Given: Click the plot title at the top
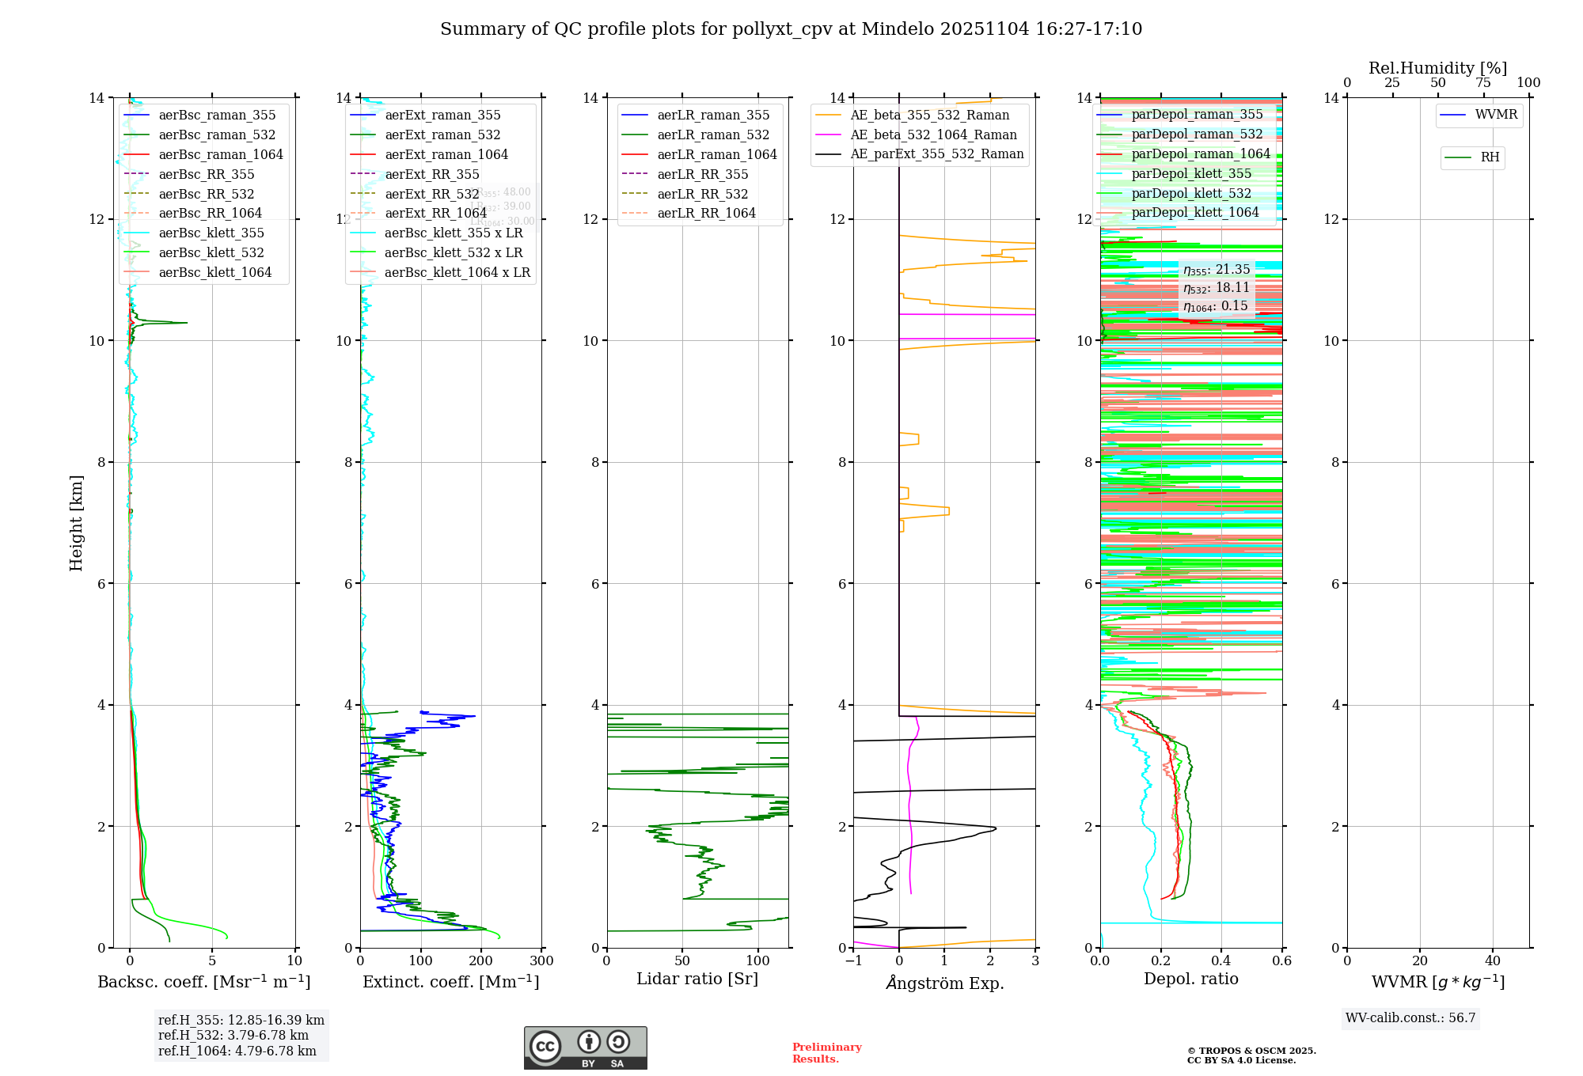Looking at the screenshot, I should (791, 29).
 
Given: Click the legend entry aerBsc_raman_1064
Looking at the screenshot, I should (220, 155).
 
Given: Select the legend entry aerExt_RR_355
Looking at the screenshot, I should (431, 175).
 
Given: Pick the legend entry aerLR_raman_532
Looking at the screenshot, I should (712, 135).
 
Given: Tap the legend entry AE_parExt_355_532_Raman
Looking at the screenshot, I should (936, 154).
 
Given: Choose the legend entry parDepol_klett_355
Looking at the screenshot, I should (1191, 174).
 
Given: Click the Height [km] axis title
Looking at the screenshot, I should (76, 523).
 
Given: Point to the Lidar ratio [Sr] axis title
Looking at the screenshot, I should (697, 979).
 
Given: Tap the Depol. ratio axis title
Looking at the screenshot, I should (1190, 979).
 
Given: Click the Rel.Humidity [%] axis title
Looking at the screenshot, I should (1437, 69).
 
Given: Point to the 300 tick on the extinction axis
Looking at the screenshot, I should (541, 961).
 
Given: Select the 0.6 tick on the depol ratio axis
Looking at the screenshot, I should (1281, 961).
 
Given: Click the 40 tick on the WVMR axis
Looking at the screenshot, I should (1493, 961).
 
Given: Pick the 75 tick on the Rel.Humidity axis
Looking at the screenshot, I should (1483, 83).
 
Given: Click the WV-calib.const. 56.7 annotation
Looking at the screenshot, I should (1410, 1018).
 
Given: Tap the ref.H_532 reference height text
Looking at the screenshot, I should (233, 1036).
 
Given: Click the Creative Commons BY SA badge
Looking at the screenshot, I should (585, 1048).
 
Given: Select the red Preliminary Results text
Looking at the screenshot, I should (826, 1053).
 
